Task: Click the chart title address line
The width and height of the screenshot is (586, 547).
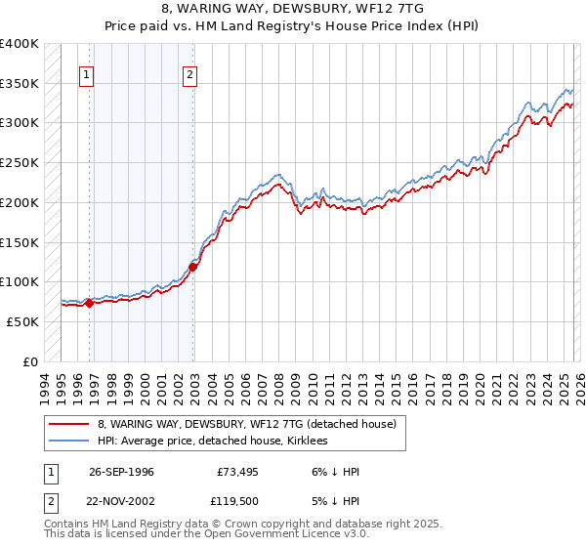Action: [x=292, y=8]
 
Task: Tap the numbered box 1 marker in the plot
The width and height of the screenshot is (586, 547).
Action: [x=87, y=73]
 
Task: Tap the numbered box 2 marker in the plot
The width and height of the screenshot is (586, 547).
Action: [x=189, y=73]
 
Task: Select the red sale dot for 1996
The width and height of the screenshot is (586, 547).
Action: [x=90, y=303]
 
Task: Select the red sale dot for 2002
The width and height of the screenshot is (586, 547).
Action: [x=193, y=267]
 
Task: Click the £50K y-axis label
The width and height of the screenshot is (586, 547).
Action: [x=22, y=321]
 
